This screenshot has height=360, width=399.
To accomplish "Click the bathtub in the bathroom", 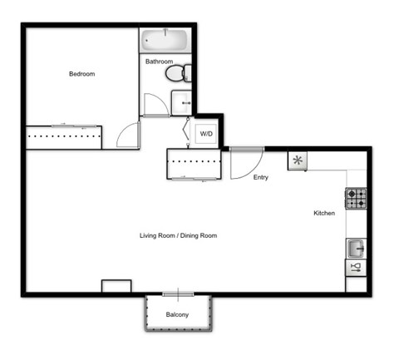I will click(x=165, y=41).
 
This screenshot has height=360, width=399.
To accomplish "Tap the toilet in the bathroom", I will click(x=176, y=74).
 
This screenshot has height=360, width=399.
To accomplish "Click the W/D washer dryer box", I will click(x=205, y=133).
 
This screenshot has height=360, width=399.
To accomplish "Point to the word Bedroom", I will click(x=81, y=74).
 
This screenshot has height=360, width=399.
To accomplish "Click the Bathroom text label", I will click(x=159, y=62).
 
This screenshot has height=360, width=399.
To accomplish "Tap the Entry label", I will click(x=261, y=177).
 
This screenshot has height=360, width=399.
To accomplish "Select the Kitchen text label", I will click(x=324, y=214).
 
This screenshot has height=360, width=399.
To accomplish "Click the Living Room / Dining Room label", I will click(x=178, y=236).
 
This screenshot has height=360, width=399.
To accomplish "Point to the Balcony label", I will click(x=176, y=314).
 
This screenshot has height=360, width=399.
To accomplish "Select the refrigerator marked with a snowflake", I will click(x=298, y=160).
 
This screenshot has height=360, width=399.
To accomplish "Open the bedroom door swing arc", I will click(x=129, y=135).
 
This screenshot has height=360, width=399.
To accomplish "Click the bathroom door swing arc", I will click(x=155, y=106).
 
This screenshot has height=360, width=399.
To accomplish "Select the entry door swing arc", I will click(x=246, y=163).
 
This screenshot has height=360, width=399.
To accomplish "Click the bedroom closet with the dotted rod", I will click(x=63, y=137).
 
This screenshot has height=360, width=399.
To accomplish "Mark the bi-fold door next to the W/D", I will click(x=188, y=131).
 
